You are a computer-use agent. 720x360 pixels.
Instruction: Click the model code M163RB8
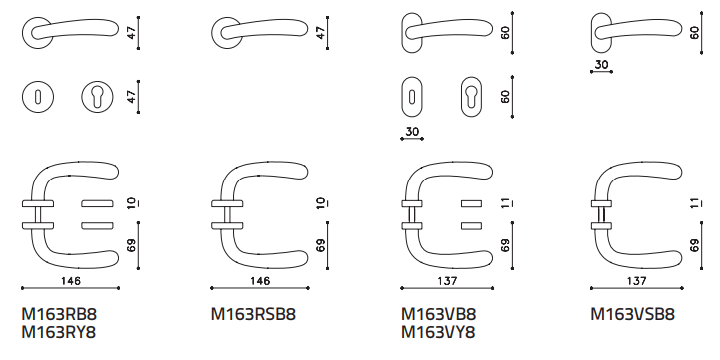pos(59,315)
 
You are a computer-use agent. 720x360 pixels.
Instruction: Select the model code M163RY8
pos(59,332)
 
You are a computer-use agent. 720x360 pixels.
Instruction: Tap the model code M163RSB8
pos(253,315)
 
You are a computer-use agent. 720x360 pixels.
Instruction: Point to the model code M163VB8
pos(439,315)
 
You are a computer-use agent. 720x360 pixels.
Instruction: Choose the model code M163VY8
pos(438,332)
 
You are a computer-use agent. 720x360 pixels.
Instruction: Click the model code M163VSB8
pos(633,315)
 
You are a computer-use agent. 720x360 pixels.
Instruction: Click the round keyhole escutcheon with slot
pos(38,97)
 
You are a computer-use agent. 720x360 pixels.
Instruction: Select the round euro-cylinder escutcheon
pos(98,97)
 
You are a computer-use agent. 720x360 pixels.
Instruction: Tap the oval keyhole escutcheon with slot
pos(412,97)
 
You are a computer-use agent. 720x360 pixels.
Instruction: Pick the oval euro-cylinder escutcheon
pos(471,97)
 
